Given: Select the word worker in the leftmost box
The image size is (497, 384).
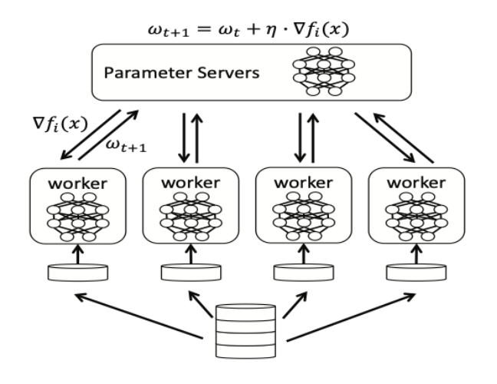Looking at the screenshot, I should pos(77,186).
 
